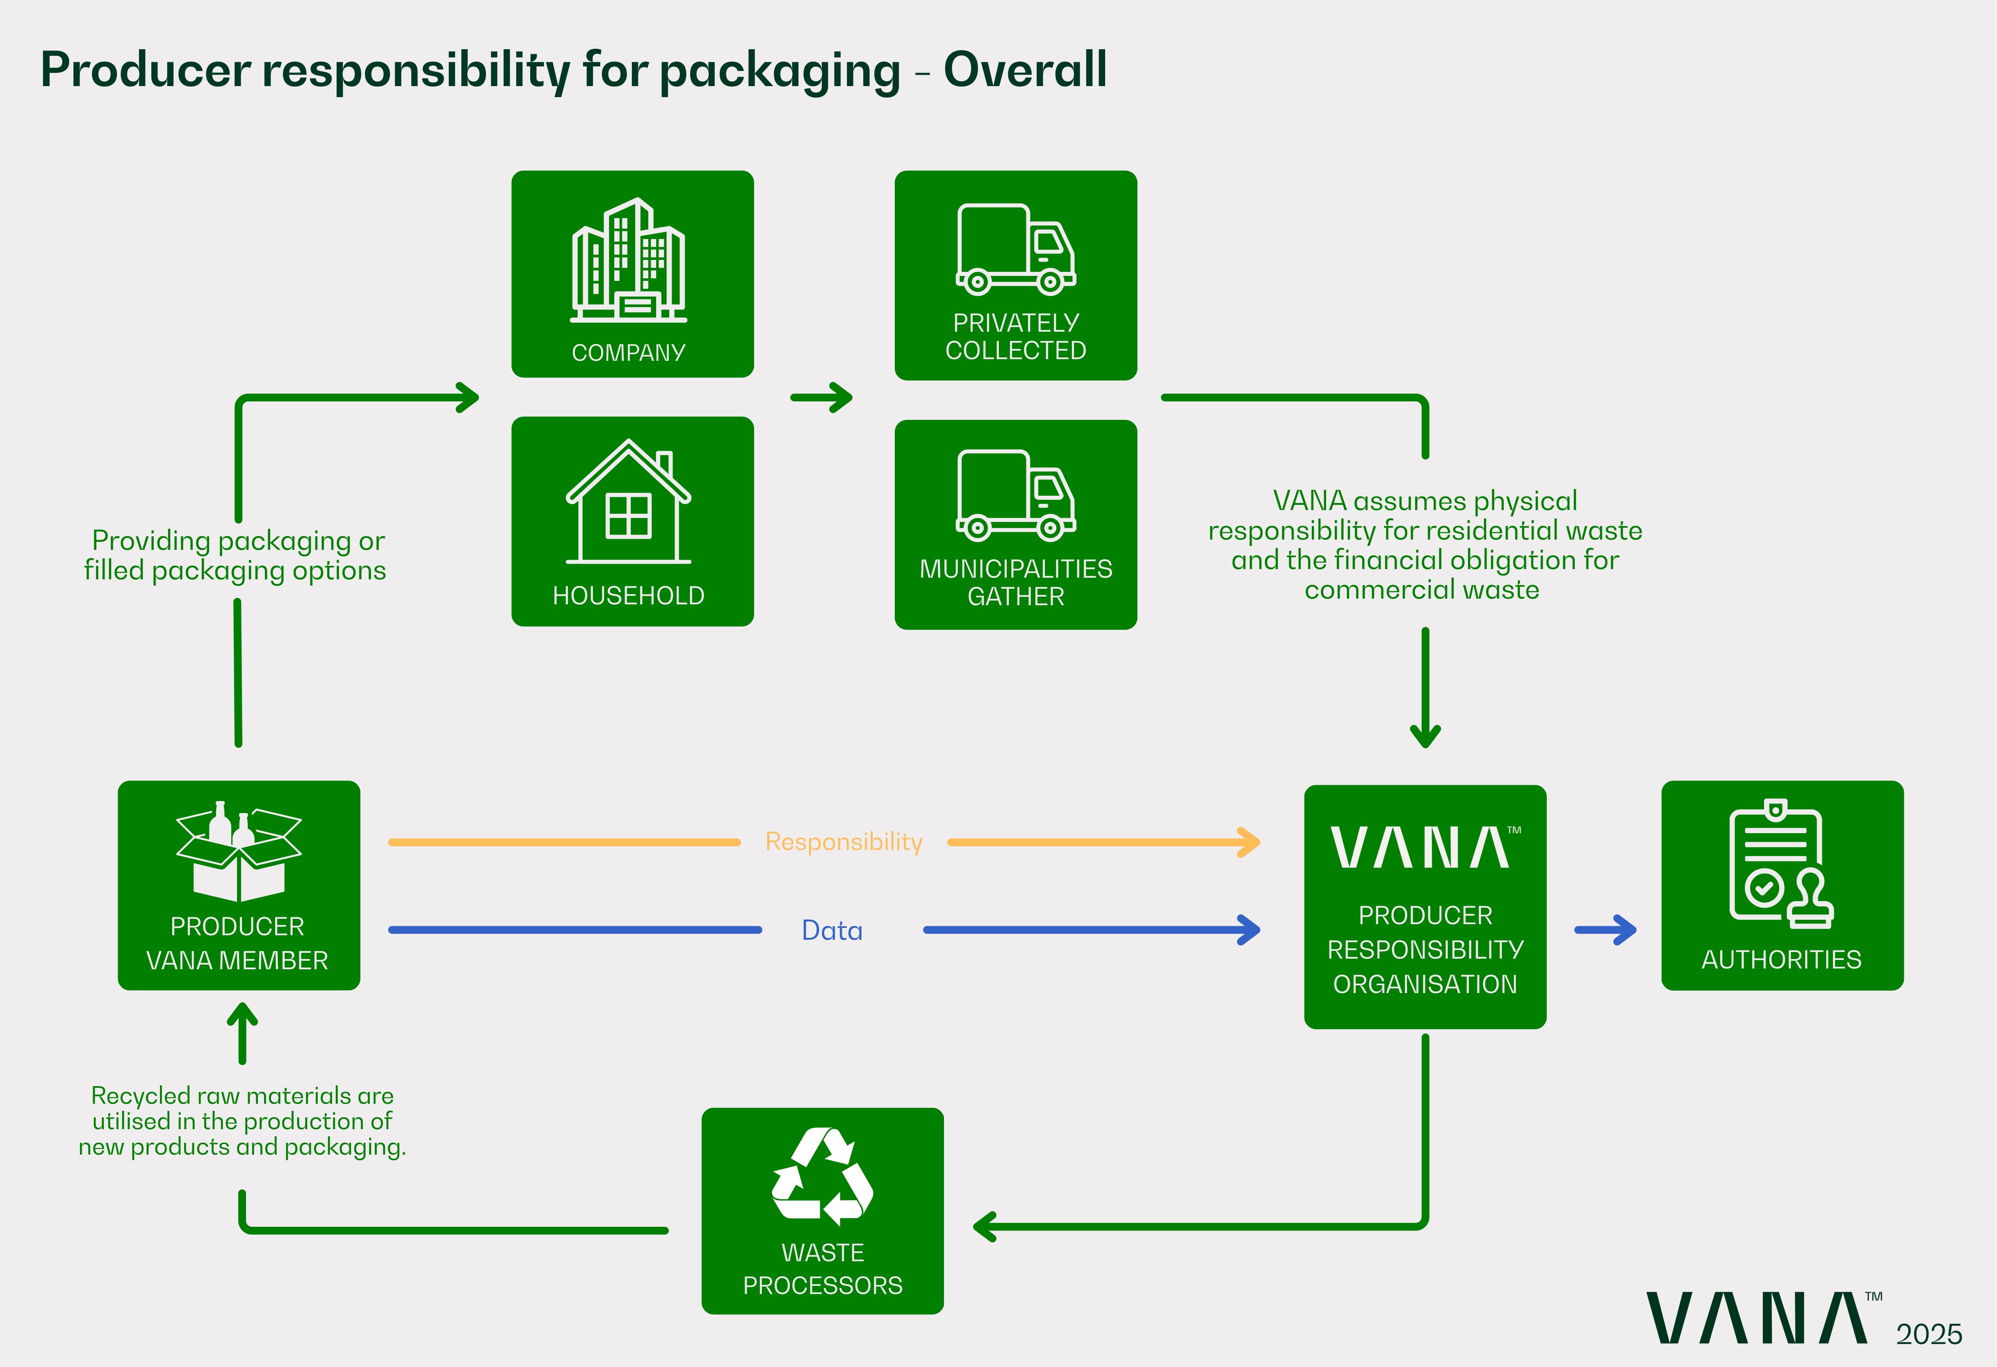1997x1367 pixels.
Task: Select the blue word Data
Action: [x=832, y=930]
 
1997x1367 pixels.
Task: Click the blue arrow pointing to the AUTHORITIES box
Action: [x=1605, y=930]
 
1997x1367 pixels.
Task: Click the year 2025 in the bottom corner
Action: [x=1929, y=1334]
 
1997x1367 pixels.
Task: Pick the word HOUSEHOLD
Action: [x=628, y=595]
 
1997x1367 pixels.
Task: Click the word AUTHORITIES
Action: [x=1781, y=960]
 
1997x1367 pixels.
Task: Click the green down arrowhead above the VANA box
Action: [x=1425, y=736]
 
